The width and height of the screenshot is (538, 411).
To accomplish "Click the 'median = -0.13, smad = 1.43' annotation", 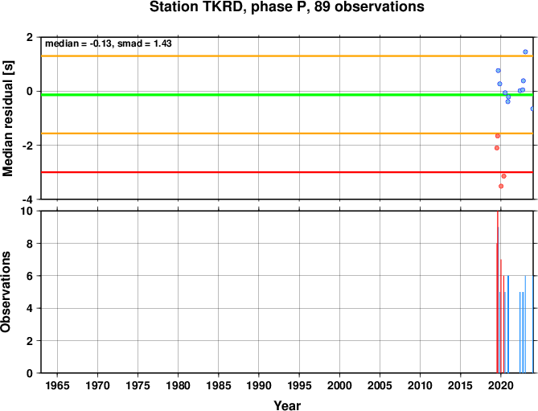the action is tap(109, 43).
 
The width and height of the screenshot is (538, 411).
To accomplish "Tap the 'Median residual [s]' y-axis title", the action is tap(7, 118).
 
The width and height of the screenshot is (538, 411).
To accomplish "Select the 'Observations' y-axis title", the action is tap(6, 292).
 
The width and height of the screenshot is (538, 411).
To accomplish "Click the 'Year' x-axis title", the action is tap(287, 405).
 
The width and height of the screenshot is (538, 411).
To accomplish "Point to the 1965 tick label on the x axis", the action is tap(57, 385).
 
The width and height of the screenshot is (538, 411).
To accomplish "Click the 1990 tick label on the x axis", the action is tap(259, 385).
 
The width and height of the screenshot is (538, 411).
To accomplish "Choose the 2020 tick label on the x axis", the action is tap(500, 385).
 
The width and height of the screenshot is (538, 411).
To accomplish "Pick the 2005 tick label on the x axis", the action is tap(380, 385).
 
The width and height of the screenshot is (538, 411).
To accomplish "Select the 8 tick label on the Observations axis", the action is tap(30, 244).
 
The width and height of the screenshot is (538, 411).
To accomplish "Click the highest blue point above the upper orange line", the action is tap(525, 51).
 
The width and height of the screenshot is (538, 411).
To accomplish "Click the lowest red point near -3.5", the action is tap(501, 187).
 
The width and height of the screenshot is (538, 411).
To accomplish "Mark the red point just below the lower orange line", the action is tap(498, 136).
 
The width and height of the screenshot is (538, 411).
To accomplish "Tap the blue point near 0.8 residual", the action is tap(499, 71).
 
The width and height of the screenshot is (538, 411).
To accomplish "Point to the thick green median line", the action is tap(287, 95).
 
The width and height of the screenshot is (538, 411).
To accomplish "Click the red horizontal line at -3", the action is tap(287, 172).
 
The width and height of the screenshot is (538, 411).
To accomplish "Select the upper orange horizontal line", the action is tap(287, 56).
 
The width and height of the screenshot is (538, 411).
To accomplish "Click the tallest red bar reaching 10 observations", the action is tap(498, 292).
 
